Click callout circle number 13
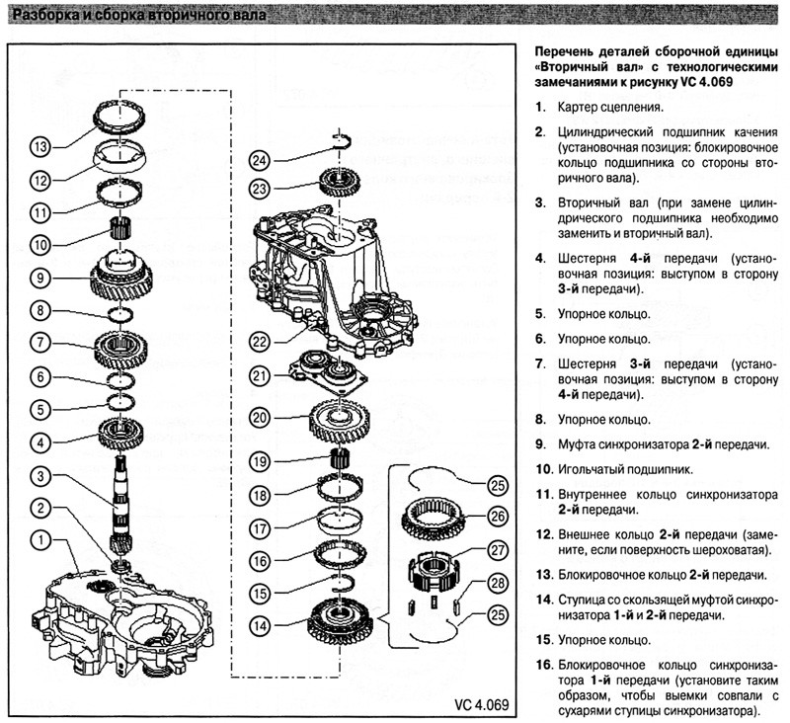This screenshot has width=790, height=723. pyautogui.click(x=40, y=146)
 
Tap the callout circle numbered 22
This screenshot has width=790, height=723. pyautogui.click(x=260, y=342)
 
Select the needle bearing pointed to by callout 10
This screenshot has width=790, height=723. pyautogui.click(x=119, y=230)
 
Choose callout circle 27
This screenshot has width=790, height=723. pyautogui.click(x=498, y=549)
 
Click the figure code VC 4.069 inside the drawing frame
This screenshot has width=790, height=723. pyautogui.click(x=481, y=704)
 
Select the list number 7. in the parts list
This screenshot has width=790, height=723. pyautogui.click(x=540, y=363)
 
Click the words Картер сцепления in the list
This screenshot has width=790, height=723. pyautogui.click(x=610, y=107)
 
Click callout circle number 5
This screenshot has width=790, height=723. pyautogui.click(x=40, y=409)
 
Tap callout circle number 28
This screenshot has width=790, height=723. pyautogui.click(x=498, y=583)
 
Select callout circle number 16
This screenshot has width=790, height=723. pyautogui.click(x=260, y=561)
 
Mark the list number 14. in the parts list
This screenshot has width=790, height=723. pyautogui.click(x=544, y=601)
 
